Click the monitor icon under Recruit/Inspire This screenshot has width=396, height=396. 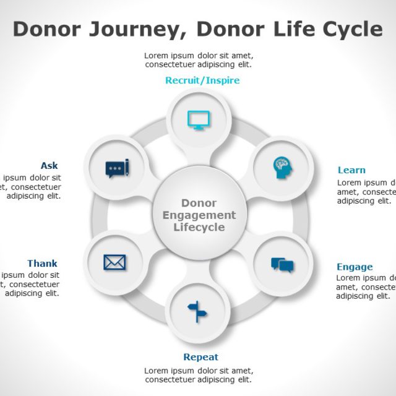(x=199, y=119)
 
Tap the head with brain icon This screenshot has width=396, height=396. (x=283, y=167)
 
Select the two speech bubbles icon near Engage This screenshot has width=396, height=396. (x=282, y=265)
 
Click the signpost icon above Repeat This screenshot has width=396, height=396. (x=197, y=311)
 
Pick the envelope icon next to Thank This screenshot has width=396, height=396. (x=114, y=262)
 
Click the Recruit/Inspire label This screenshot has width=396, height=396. (x=202, y=80)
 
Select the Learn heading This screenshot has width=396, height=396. (x=351, y=170)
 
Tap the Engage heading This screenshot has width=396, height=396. (x=355, y=267)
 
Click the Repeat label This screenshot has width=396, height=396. (x=200, y=357)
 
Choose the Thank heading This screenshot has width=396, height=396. (x=42, y=264)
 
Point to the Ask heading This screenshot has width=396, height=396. (x=49, y=166)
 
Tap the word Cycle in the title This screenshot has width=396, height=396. (x=351, y=29)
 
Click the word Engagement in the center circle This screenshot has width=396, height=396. (x=199, y=215)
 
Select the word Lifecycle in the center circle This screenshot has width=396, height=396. (x=199, y=227)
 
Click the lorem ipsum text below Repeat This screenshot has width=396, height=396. (x=198, y=375)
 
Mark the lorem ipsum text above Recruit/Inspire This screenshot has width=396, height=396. (x=198, y=59)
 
